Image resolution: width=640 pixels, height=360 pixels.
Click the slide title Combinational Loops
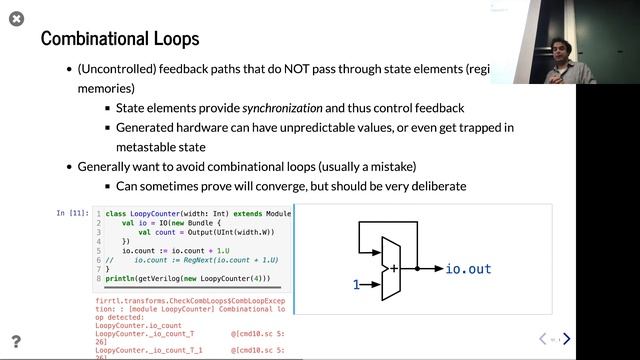pyautogui.click(x=119, y=39)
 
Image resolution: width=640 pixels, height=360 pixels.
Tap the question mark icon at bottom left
pyautogui.click(x=16, y=342)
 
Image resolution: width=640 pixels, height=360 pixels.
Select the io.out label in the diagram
pyautogui.click(x=468, y=269)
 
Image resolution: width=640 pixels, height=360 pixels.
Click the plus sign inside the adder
pyautogui.click(x=394, y=268)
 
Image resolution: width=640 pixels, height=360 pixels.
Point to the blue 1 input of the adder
pyautogui.click(x=356, y=285)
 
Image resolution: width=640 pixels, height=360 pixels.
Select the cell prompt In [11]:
pyautogui.click(x=73, y=213)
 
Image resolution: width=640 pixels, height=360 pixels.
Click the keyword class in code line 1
pyautogui.click(x=118, y=214)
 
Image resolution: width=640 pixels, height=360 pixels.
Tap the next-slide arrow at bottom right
pyautogui.click(x=567, y=340)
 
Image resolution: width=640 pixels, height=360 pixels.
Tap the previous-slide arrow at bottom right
pyautogui.click(x=543, y=340)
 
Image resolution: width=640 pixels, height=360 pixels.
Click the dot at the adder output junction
pyautogui.click(x=418, y=268)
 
